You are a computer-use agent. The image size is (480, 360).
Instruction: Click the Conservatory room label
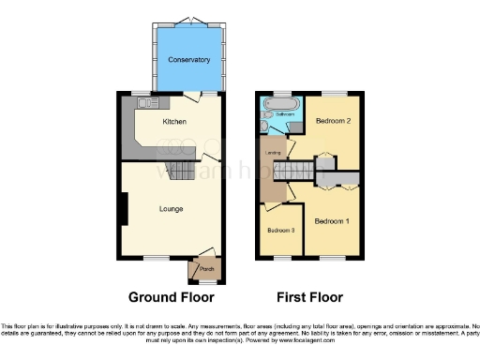tap(188, 60)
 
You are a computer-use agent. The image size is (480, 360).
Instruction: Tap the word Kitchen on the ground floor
tap(174, 122)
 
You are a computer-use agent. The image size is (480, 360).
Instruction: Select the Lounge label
tap(170, 208)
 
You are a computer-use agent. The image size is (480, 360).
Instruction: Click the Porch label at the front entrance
tap(206, 269)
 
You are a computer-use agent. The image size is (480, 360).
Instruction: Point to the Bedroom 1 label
tap(331, 221)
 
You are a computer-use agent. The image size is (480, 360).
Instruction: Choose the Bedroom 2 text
tap(333, 122)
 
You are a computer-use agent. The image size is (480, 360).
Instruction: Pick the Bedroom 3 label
tap(279, 230)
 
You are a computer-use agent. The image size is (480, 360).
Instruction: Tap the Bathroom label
tap(285, 114)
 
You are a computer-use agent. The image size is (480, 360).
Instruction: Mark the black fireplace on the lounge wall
tap(122, 207)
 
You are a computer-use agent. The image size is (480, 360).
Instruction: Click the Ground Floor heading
tap(171, 297)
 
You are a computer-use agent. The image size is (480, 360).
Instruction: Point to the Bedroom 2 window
tap(334, 92)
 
